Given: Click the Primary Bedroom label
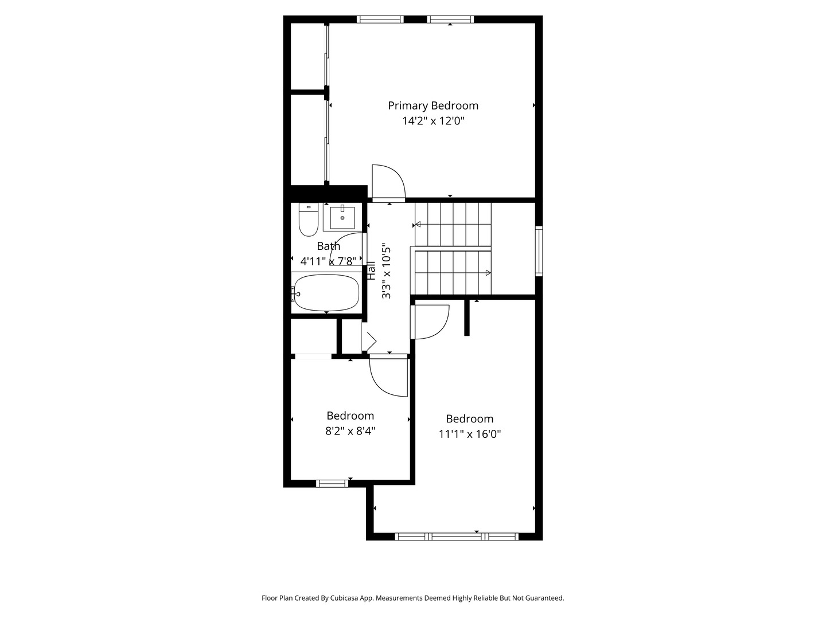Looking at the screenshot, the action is click(433, 105).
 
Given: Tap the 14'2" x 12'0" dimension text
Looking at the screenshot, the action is click(433, 121).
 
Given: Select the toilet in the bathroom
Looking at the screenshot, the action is click(309, 220).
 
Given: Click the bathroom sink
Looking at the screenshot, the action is click(342, 218).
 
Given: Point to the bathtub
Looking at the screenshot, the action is click(326, 293).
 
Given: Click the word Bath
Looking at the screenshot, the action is click(329, 246).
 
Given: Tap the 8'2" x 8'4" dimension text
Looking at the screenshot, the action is click(350, 430).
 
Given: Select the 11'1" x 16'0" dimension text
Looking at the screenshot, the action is click(470, 434).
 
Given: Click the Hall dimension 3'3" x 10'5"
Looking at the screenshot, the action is click(386, 272).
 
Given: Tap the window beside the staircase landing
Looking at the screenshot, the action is click(539, 251).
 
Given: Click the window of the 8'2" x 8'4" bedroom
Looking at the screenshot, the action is click(332, 484).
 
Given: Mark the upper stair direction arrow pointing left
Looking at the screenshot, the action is click(418, 225).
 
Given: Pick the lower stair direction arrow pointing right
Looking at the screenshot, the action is click(488, 272).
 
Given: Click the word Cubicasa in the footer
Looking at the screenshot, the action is click(344, 598).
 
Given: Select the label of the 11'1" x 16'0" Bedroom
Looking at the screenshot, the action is click(470, 418).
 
